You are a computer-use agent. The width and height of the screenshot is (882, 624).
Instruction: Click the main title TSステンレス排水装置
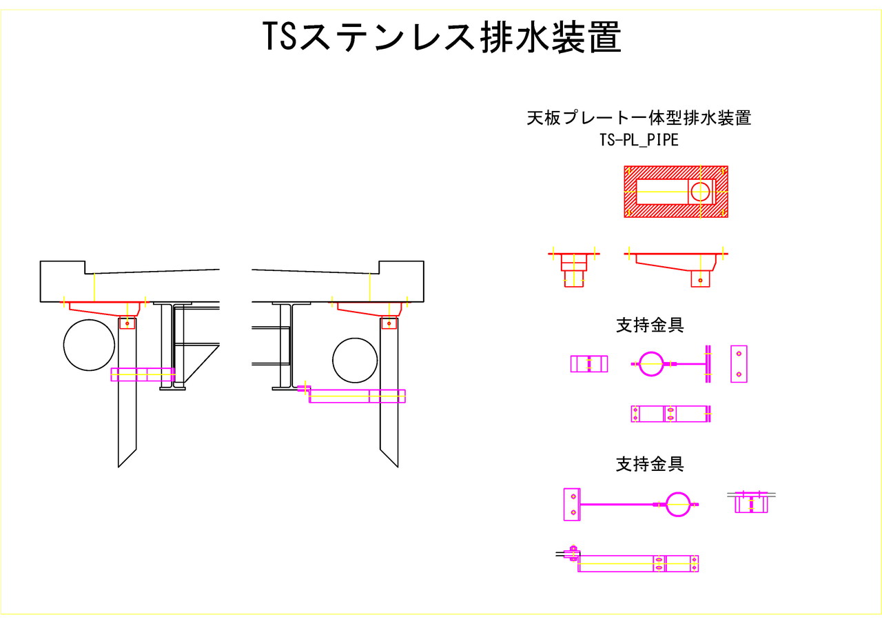click(442, 37)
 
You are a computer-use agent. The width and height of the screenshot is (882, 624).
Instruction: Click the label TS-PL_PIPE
click(639, 140)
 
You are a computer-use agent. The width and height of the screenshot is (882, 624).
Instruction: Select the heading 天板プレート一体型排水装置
click(639, 118)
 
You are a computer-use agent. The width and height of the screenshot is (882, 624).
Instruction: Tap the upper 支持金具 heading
click(650, 325)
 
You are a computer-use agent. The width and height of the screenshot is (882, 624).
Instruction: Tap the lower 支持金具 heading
click(650, 464)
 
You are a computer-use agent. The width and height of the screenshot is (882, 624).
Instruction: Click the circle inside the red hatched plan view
click(700, 191)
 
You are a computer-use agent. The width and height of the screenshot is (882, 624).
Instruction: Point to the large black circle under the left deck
click(89, 345)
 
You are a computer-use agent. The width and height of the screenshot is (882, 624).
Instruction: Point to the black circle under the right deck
click(355, 360)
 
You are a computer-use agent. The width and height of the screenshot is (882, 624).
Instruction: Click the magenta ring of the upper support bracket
click(650, 363)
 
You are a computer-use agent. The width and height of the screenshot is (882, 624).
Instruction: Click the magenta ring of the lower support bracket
click(678, 504)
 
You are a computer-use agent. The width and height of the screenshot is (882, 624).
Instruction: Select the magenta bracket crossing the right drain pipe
click(357, 396)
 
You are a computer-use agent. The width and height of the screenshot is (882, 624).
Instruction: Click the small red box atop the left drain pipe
click(127, 323)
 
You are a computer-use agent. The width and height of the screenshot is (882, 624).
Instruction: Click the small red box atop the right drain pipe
click(389, 323)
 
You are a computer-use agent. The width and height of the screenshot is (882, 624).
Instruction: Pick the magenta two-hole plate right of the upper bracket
click(739, 363)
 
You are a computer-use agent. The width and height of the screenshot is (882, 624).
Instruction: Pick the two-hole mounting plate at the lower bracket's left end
click(572, 503)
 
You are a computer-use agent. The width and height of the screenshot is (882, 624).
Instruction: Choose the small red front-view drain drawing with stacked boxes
click(573, 270)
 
